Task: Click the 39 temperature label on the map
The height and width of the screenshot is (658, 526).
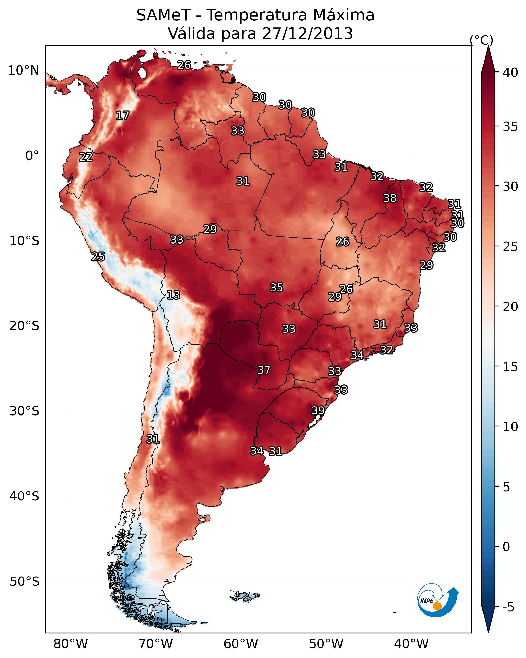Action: (318, 410)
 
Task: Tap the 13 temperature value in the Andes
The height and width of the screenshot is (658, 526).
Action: (173, 295)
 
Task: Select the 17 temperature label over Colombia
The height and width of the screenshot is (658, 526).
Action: (123, 116)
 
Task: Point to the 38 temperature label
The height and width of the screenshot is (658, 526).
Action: (390, 198)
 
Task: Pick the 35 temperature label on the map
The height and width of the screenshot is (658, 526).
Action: (277, 288)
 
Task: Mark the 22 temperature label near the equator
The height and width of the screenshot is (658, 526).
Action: (86, 157)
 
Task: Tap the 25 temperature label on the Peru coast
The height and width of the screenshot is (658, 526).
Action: (98, 257)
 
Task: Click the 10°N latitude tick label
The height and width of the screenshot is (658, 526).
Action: (23, 70)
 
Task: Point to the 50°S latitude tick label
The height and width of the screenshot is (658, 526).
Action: (24, 582)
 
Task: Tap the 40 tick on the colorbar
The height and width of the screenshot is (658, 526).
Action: (510, 73)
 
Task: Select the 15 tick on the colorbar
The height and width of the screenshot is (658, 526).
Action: (510, 367)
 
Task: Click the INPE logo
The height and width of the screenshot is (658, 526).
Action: (438, 600)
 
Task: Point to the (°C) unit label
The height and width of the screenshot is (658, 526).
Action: (481, 40)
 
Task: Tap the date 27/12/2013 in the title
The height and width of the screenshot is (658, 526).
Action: (307, 34)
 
